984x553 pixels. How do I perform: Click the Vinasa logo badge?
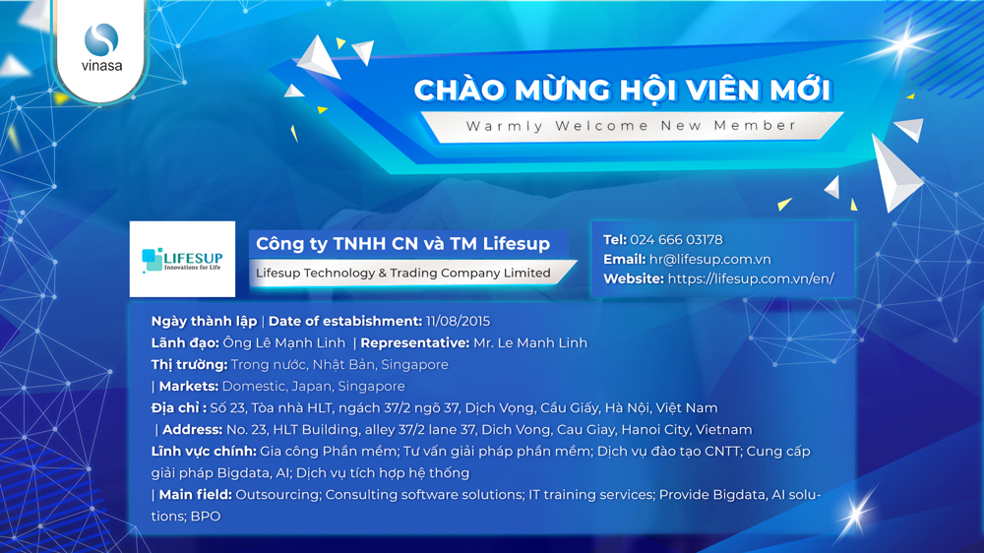pyautogui.click(x=100, y=49)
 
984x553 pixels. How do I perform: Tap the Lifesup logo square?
pyautogui.click(x=182, y=259)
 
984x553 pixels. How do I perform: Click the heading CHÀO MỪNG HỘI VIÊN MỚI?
pyautogui.click(x=623, y=90)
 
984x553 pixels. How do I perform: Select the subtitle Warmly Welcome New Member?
pyautogui.click(x=631, y=126)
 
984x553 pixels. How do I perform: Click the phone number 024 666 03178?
pyautogui.click(x=676, y=240)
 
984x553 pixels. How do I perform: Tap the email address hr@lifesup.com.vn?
pyautogui.click(x=709, y=259)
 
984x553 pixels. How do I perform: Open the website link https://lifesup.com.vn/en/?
pyautogui.click(x=751, y=278)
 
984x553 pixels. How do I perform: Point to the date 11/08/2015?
pyautogui.click(x=458, y=322)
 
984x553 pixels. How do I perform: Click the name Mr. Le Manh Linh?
pyautogui.click(x=530, y=342)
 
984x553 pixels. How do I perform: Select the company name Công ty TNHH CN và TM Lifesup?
pyautogui.click(x=402, y=244)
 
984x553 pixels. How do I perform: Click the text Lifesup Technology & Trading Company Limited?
pyautogui.click(x=402, y=273)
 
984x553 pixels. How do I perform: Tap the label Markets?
pyautogui.click(x=188, y=386)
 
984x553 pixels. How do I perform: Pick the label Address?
pyautogui.click(x=192, y=430)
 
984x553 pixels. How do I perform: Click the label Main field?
pyautogui.click(x=195, y=495)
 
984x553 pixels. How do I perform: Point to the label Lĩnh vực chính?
pyautogui.click(x=204, y=452)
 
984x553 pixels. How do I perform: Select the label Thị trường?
pyautogui.click(x=189, y=365)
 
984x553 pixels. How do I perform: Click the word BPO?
pyautogui.click(x=206, y=517)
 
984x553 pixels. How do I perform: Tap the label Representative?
pyautogui.click(x=415, y=342)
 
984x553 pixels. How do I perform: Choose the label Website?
pyautogui.click(x=633, y=278)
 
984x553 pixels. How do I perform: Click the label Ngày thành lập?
pyautogui.click(x=204, y=322)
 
